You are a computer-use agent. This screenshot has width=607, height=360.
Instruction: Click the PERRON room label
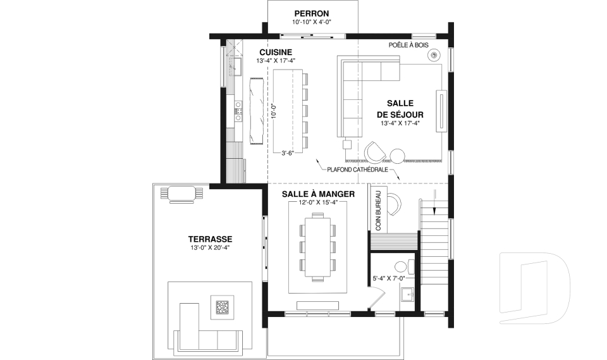tap(311, 13)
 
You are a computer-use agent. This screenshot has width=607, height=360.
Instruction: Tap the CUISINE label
tap(276, 52)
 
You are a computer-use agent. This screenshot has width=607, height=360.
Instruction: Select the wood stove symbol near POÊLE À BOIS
tap(434, 56)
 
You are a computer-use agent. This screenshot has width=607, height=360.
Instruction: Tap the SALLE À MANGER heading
tap(318, 194)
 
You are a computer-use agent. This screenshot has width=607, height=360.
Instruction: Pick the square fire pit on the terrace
tap(223, 307)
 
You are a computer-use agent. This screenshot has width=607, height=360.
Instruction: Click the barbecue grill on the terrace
tap(181, 193)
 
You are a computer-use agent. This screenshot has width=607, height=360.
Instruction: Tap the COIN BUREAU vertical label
tap(378, 209)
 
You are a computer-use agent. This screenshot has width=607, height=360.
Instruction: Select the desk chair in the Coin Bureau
tap(395, 203)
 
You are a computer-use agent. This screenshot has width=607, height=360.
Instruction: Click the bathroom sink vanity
tap(407, 294)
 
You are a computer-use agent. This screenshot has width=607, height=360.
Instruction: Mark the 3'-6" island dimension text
tap(288, 152)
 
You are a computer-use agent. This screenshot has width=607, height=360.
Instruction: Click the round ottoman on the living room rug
tap(398, 155)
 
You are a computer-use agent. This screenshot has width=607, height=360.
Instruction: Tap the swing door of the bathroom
tap(376, 297)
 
